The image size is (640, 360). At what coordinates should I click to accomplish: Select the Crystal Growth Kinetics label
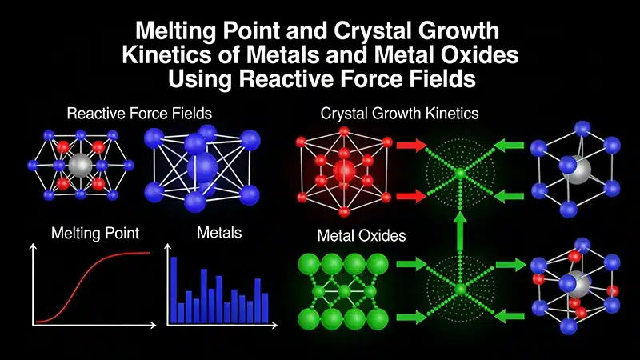pyautogui.click(x=399, y=113)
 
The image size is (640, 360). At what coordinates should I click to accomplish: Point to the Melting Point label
pyautogui.click(x=95, y=234)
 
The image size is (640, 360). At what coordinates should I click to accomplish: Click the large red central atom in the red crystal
pyautogui.click(x=345, y=171)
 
